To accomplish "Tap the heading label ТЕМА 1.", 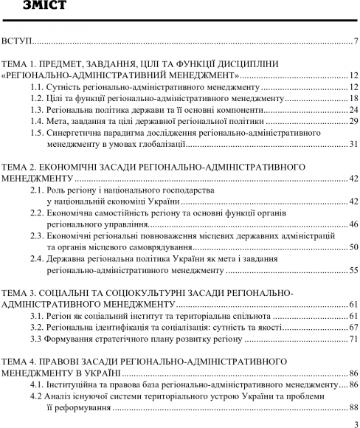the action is (x=18, y=65).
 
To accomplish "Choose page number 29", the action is (x=353, y=124).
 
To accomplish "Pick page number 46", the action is (x=353, y=226).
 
